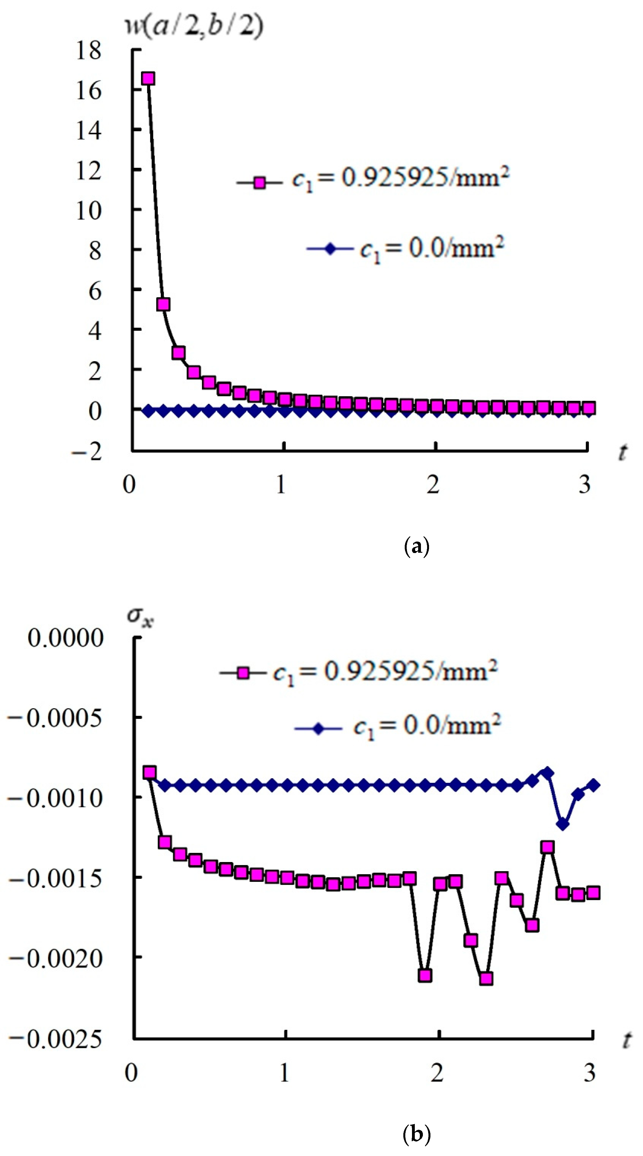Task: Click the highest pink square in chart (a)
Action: (148, 78)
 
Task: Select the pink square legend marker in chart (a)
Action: (259, 183)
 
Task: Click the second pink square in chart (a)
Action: (163, 304)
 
